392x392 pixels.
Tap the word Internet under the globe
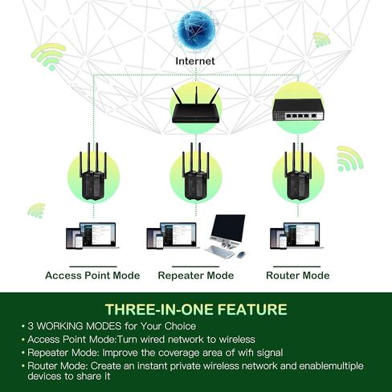point(196,60)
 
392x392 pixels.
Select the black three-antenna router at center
point(195,108)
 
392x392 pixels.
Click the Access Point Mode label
point(92,276)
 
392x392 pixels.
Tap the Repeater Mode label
point(195,276)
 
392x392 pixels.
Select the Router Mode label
point(297,276)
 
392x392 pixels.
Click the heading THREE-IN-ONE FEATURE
point(195,309)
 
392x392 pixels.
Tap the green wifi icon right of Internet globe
point(321,39)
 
